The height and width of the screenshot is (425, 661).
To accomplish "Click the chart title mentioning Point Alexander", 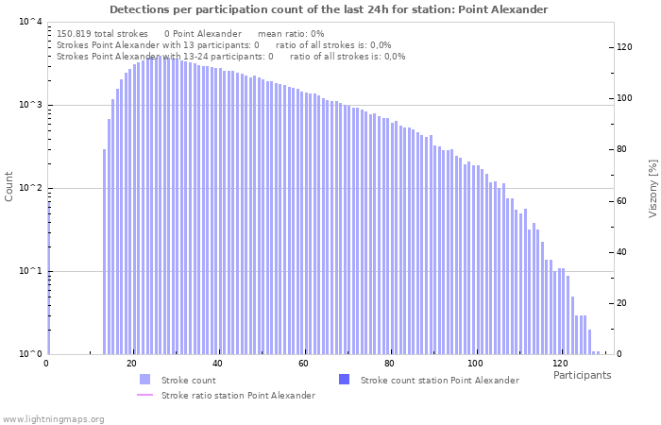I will (329, 9).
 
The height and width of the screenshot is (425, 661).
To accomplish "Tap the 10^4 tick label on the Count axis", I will (30, 22).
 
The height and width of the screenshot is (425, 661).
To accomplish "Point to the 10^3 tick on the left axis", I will (30, 105).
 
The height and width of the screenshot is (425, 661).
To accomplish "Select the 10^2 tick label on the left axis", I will (30, 188).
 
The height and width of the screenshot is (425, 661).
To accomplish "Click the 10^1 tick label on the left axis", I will (30, 271).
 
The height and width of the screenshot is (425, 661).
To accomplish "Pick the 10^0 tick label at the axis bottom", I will (30, 354).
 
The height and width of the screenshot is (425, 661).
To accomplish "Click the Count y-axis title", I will (9, 186).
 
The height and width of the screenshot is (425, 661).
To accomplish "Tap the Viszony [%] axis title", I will (652, 188).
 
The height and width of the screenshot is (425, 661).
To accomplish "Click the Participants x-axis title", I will (582, 375).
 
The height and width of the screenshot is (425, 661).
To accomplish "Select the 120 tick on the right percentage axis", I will (624, 47).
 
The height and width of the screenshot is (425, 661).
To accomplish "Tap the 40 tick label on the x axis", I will (217, 364).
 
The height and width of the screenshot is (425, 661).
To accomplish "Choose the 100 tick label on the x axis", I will (474, 364).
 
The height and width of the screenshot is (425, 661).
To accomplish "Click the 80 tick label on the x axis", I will (388, 364).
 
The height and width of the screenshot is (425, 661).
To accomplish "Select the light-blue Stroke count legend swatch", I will (144, 380).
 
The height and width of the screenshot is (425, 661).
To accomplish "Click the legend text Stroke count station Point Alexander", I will (439, 380).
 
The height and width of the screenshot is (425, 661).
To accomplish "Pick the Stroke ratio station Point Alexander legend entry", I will (238, 395).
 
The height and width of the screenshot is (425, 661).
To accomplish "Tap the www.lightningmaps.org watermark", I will (53, 418).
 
